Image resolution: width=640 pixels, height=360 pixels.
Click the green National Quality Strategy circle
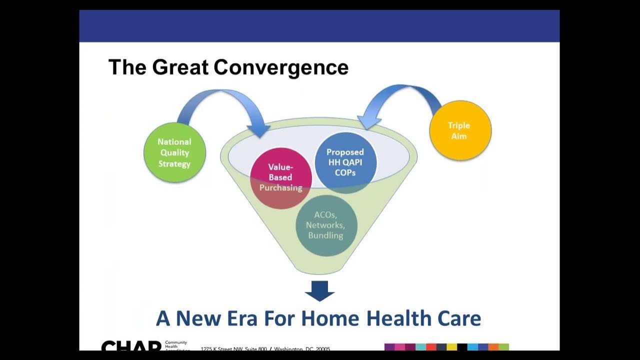(x=174, y=152)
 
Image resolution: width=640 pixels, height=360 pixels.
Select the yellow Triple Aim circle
(x=460, y=130)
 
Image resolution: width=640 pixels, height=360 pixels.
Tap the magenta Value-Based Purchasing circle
(x=280, y=178)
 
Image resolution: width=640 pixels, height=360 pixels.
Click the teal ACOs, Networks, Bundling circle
(x=326, y=225)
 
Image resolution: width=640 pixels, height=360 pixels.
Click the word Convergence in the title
(x=281, y=67)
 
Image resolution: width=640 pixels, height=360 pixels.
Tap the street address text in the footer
(x=265, y=348)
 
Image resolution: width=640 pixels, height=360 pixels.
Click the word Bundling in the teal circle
(x=325, y=235)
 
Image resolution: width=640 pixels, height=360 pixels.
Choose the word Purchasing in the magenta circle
(x=280, y=188)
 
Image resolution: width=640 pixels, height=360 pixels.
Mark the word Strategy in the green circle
(x=174, y=163)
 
